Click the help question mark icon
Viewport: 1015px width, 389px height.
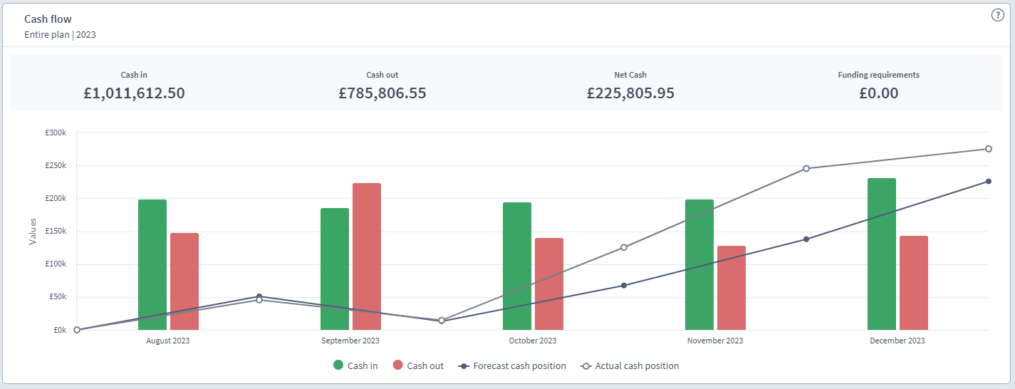tap(997, 16)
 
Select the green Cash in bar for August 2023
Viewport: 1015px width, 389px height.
tap(152, 264)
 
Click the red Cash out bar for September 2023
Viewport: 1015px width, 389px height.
tap(367, 256)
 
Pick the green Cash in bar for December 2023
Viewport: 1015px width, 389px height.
tap(882, 254)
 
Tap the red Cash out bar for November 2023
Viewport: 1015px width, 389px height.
tap(732, 288)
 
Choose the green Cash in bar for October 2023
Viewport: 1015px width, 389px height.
tap(517, 266)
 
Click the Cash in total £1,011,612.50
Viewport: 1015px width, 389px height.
tap(134, 93)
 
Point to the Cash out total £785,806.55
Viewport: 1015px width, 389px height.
tap(382, 93)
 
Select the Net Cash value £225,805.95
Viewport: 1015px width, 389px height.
tap(630, 93)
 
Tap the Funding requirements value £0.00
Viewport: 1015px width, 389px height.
tap(878, 93)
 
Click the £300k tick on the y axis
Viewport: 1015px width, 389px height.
tap(55, 133)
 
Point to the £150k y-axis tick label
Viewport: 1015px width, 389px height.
tap(55, 232)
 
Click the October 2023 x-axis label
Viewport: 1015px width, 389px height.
tap(533, 341)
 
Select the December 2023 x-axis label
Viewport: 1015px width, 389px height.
tap(897, 341)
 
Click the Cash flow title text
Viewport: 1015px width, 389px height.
tap(48, 19)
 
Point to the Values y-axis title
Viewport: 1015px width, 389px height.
tap(33, 232)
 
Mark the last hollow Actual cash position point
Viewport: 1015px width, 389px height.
tap(989, 149)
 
